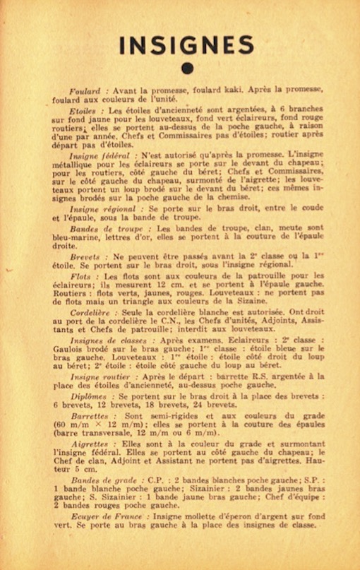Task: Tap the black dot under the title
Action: (x=186, y=68)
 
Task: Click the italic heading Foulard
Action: (x=89, y=91)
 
